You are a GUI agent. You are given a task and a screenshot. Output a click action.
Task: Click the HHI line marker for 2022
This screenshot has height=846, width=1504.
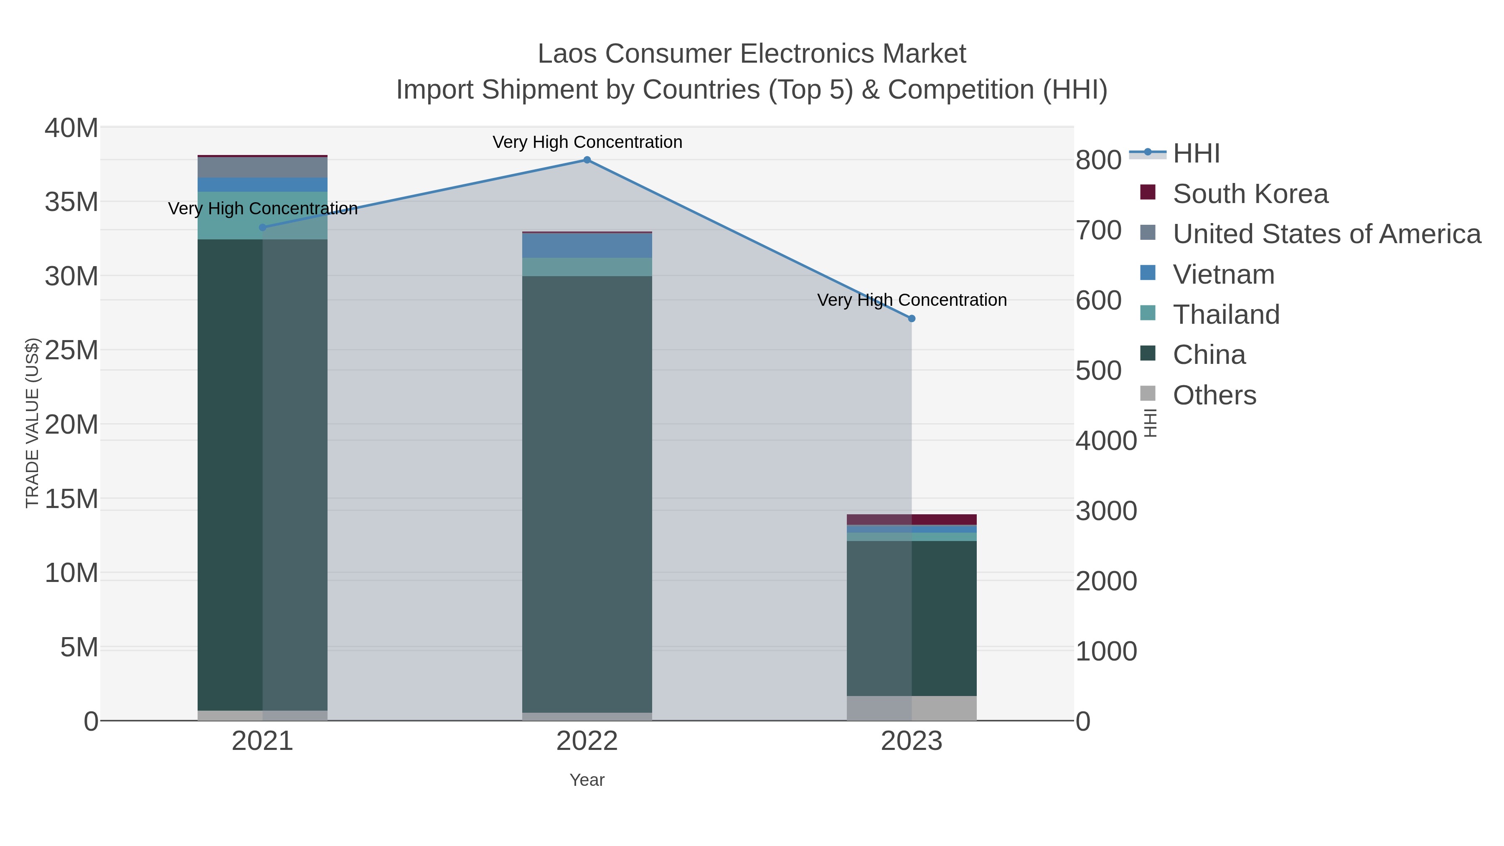tap(587, 160)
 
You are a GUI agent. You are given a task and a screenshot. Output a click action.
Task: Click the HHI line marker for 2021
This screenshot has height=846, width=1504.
tap(263, 228)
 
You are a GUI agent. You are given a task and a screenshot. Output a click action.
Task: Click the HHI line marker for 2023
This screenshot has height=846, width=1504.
tap(912, 319)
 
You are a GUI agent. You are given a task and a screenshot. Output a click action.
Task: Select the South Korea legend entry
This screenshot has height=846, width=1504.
tap(1250, 194)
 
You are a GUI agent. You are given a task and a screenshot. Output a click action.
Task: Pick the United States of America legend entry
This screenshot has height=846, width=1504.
tap(1326, 234)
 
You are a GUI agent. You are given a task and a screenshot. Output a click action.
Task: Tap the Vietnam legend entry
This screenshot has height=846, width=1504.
tap(1223, 274)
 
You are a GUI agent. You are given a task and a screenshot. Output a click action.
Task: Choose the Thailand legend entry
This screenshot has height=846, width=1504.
tap(1226, 315)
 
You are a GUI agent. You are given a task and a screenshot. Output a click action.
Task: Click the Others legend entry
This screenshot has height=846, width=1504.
tap(1214, 395)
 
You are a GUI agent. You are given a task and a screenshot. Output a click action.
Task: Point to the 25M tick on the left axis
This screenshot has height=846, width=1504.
tap(71, 351)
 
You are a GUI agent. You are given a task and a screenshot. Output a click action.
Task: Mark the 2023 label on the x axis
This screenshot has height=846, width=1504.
tap(912, 742)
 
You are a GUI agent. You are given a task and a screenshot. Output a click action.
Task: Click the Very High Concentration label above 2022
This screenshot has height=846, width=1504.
tap(587, 142)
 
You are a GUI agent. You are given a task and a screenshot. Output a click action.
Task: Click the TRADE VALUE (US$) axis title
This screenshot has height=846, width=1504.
tap(32, 423)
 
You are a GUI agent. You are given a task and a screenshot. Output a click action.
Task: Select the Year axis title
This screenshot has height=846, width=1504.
tap(587, 780)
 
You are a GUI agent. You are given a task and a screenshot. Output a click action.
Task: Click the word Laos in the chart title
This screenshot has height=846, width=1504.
tap(567, 54)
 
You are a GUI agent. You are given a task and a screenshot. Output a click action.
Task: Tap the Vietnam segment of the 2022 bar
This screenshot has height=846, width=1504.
tap(587, 246)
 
